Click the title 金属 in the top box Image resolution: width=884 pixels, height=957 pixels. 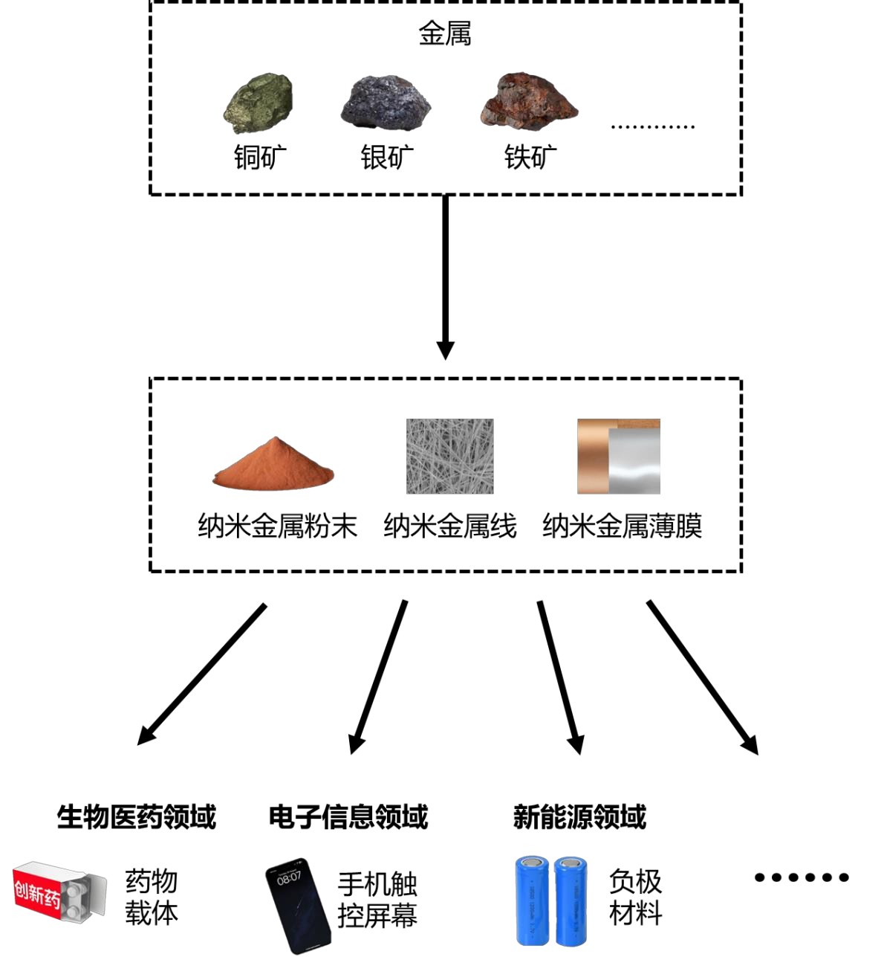(445, 33)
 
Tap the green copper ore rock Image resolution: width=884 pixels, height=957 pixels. (259, 102)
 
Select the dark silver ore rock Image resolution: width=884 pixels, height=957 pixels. (386, 103)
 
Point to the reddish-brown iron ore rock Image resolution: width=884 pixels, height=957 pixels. (528, 101)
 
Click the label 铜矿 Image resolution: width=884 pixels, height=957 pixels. (260, 158)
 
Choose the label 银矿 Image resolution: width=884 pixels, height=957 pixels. (387, 158)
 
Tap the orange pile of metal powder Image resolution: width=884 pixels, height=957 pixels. (273, 464)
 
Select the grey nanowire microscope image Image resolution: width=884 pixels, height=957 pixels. (449, 456)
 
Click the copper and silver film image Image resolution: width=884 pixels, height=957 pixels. (619, 457)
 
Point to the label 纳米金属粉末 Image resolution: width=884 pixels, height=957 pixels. (277, 526)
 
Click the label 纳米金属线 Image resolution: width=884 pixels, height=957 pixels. (450, 526)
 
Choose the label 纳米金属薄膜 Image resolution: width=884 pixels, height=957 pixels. (623, 526)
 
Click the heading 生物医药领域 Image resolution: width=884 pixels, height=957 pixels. (137, 816)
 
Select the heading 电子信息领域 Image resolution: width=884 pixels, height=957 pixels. (348, 816)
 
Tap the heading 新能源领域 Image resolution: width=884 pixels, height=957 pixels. (579, 816)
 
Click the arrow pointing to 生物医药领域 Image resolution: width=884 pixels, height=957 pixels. (202, 673)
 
